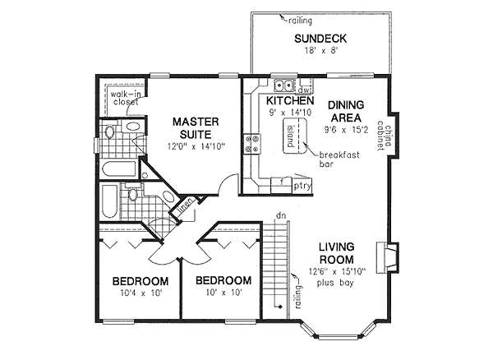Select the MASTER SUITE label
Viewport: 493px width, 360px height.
195,128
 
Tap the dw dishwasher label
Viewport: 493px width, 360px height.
303,88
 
